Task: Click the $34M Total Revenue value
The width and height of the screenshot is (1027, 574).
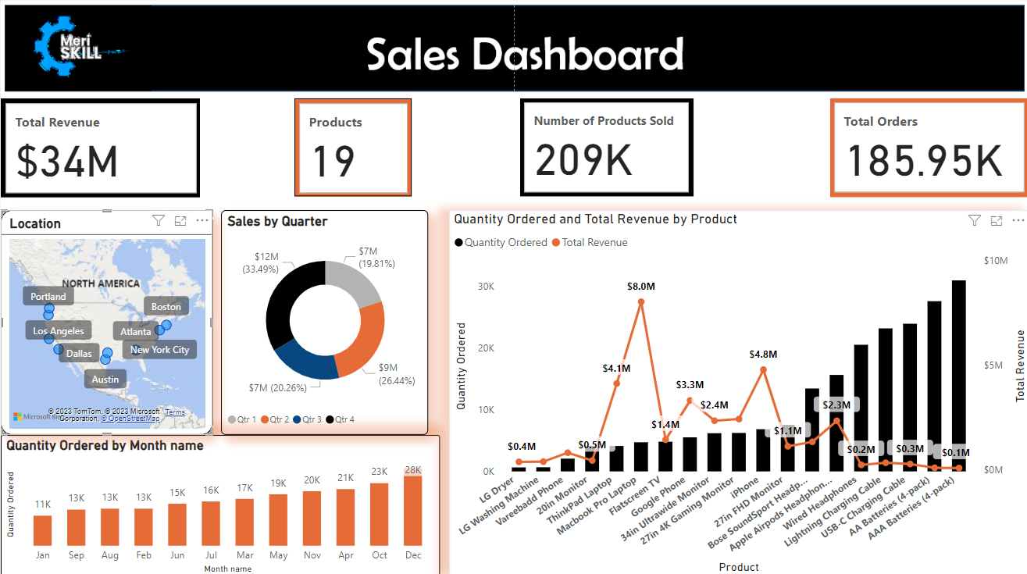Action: pyautogui.click(x=68, y=162)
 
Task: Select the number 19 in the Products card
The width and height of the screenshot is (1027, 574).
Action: pyautogui.click(x=333, y=162)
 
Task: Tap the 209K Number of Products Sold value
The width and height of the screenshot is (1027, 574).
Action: pyautogui.click(x=583, y=160)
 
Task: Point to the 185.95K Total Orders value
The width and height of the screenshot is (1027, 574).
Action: pyautogui.click(x=924, y=161)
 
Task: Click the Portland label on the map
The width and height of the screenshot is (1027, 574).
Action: pyautogui.click(x=48, y=297)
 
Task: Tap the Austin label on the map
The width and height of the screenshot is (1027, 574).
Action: pyautogui.click(x=105, y=380)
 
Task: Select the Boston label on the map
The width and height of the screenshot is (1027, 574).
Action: pyautogui.click(x=166, y=307)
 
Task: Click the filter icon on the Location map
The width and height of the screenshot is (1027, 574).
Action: pyautogui.click(x=159, y=222)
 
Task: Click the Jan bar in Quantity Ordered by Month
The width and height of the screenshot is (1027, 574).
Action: pyautogui.click(x=42, y=530)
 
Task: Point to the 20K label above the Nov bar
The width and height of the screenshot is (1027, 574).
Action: pyautogui.click(x=312, y=480)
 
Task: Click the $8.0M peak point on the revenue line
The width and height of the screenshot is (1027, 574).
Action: pyautogui.click(x=641, y=301)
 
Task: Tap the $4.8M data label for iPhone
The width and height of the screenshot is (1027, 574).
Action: pyautogui.click(x=763, y=355)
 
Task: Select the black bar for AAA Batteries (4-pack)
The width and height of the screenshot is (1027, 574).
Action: pyautogui.click(x=958, y=376)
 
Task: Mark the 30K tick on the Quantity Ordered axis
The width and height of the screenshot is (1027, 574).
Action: pyautogui.click(x=487, y=287)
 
